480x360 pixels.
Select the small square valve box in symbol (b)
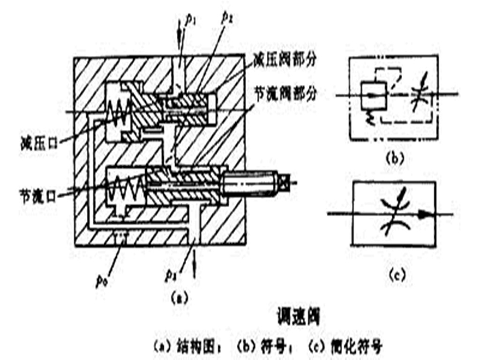coord(374,93)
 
